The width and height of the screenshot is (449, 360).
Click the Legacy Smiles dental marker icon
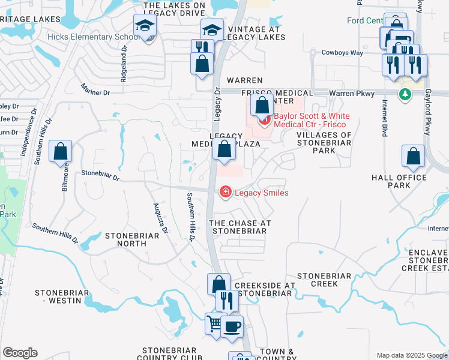pos(226,193)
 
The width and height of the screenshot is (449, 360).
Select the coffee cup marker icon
pos(232,327)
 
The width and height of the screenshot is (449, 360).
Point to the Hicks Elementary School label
pos(89,37)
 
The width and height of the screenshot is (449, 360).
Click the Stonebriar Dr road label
pos(100,177)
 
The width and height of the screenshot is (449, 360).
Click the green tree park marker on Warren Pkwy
pos(405,94)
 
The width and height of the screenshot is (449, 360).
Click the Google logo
pos(20,353)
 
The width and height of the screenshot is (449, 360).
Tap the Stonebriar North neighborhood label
pos(132,240)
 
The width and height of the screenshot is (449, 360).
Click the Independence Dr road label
pos(29,133)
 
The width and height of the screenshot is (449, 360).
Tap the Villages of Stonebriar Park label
pos(324,143)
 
